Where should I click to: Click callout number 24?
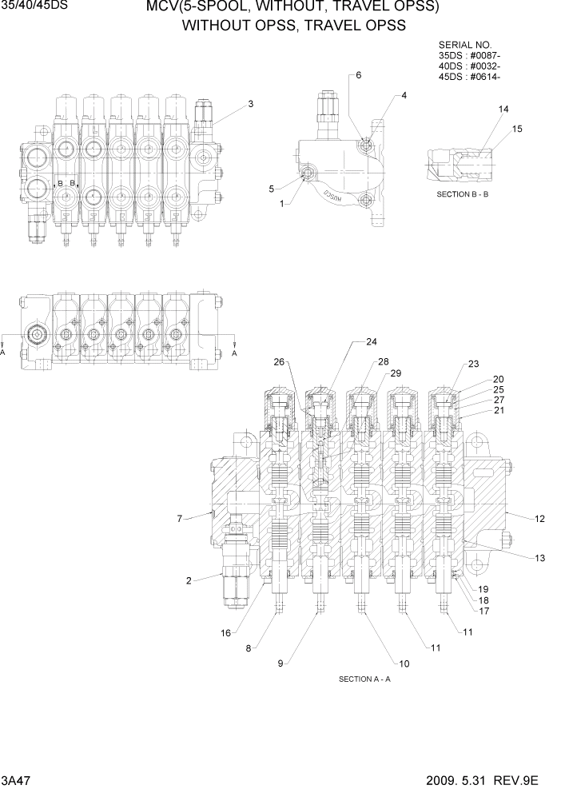click(371, 342)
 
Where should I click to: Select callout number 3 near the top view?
click(250, 104)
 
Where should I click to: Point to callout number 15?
click(517, 129)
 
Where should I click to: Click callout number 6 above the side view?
click(359, 75)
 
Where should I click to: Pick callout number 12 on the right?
click(539, 519)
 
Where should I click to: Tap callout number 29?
click(395, 373)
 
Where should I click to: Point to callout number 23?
click(473, 365)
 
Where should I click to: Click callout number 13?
click(540, 557)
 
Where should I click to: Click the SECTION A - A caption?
click(364, 679)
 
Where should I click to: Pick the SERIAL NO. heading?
click(465, 45)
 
